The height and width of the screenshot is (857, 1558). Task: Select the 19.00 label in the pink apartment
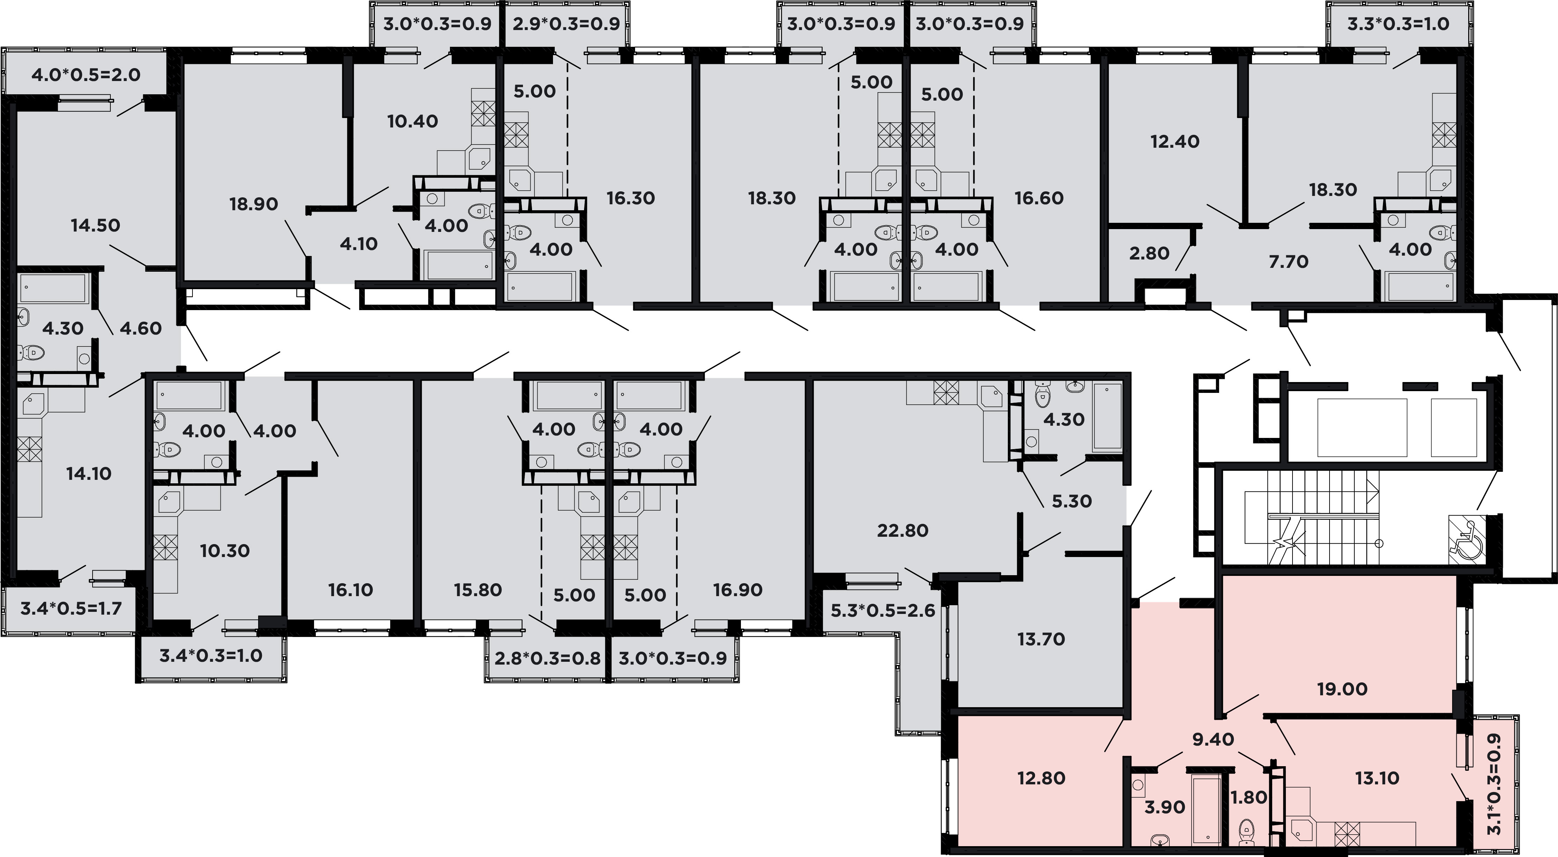tap(1342, 689)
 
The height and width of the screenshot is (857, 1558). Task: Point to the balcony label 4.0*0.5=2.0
tap(86, 75)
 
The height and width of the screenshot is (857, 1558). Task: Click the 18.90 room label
tap(253, 204)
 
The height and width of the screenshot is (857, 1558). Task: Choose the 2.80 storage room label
tap(1149, 254)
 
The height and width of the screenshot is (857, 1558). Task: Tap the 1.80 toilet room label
tap(1249, 798)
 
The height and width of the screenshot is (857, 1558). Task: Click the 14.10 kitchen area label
tap(89, 474)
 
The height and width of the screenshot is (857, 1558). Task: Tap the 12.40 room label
tap(1174, 141)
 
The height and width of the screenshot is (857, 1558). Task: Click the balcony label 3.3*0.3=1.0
tap(1398, 24)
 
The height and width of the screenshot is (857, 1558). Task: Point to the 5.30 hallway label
tap(1072, 501)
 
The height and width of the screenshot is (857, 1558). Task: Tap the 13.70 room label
tap(1041, 639)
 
